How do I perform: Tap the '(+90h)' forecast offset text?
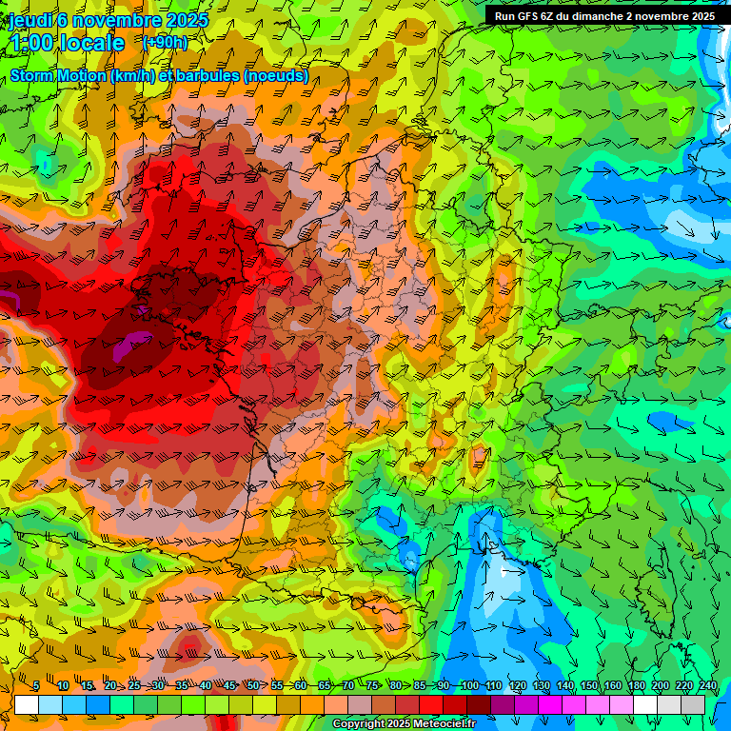[165, 42]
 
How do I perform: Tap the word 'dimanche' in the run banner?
[601, 16]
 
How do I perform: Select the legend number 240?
[707, 685]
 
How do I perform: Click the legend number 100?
[469, 685]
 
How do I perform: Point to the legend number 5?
[36, 685]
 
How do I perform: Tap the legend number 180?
[636, 685]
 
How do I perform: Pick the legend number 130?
[541, 685]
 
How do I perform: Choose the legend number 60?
[300, 685]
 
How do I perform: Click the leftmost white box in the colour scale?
[27, 704]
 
